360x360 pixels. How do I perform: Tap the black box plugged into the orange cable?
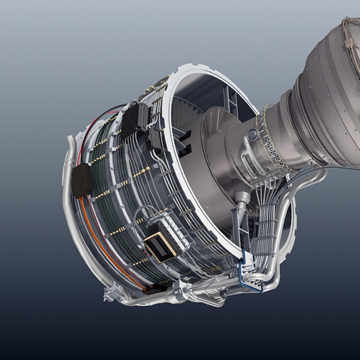pyautogui.click(x=82, y=180)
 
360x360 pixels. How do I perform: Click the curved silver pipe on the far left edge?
pyautogui.click(x=68, y=187)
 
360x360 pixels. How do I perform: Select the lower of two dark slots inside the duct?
pyautogui.click(x=184, y=150)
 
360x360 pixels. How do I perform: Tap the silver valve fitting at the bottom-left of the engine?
pyautogui.click(x=112, y=293)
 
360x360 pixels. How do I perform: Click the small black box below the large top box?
pyautogui.click(x=154, y=139)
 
